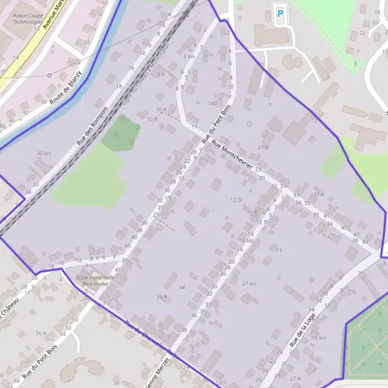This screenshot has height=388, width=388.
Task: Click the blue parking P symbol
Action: (280, 13)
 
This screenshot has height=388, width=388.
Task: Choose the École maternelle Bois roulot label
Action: (95, 280)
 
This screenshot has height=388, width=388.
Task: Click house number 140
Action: (212, 103)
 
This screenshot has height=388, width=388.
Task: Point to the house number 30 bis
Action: (43, 153)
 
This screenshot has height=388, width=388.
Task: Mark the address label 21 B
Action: (263, 147)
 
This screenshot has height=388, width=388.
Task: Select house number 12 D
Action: (235, 200)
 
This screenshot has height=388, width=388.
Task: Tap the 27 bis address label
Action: (249, 283)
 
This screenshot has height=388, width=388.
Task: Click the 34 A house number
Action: (162, 296)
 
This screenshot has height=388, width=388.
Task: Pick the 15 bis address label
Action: (318, 338)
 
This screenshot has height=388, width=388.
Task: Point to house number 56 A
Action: (41, 333)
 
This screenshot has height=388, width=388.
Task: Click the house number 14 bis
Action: (245, 240)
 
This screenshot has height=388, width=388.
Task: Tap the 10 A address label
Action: (160, 109)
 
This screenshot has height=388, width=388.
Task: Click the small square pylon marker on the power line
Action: (49, 74)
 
